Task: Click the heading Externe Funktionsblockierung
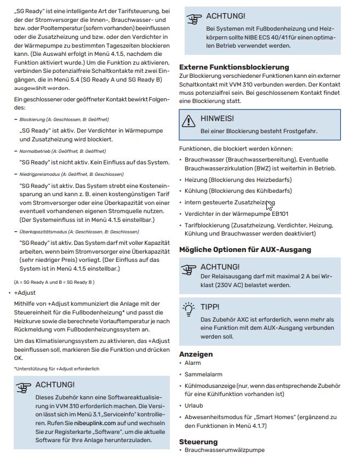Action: pos(234,67)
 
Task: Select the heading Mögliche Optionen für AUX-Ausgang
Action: pos(245,249)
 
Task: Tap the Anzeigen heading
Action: pos(196,354)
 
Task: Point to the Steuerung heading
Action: pos(198,441)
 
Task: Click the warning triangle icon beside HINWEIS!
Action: pos(189,119)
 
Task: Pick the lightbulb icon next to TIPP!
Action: pos(189,307)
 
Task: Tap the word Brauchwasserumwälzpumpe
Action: pos(225,450)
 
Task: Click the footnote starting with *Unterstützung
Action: pos(56,369)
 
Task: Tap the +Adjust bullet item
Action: pos(25,293)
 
